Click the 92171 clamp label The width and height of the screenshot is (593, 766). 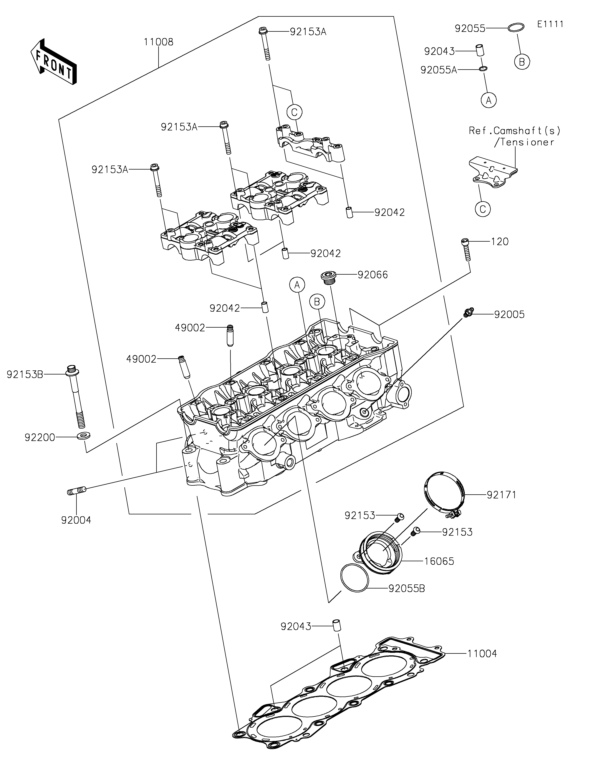501,495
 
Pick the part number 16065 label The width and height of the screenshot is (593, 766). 439,561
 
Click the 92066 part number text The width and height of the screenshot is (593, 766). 373,275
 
